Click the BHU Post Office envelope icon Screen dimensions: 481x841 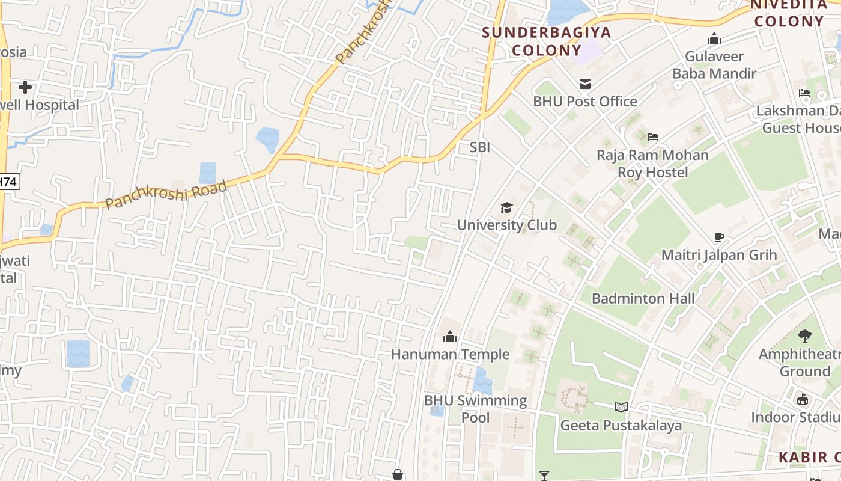point(584,84)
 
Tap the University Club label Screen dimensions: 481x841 point(506,225)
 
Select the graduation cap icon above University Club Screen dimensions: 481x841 point(506,208)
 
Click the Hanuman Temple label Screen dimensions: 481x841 point(450,354)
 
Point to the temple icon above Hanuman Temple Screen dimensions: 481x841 point(450,337)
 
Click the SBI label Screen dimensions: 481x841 point(480,147)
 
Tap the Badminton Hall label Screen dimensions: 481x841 point(643,298)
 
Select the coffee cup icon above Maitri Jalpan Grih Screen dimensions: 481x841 point(718,237)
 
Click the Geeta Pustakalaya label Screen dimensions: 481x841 point(621,426)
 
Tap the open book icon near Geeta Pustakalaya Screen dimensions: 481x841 point(621,408)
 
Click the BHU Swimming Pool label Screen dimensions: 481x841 point(475,409)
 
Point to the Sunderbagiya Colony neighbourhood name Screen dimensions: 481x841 point(547,41)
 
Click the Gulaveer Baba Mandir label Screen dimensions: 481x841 point(714,65)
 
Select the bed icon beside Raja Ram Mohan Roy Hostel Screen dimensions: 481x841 point(653,137)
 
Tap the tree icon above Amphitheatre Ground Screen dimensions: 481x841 point(804,336)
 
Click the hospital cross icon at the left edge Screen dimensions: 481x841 point(25,87)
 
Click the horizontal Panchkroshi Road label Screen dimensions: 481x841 point(166,194)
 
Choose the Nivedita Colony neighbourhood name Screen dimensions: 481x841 point(789,13)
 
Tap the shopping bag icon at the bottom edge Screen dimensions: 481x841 point(397,475)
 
